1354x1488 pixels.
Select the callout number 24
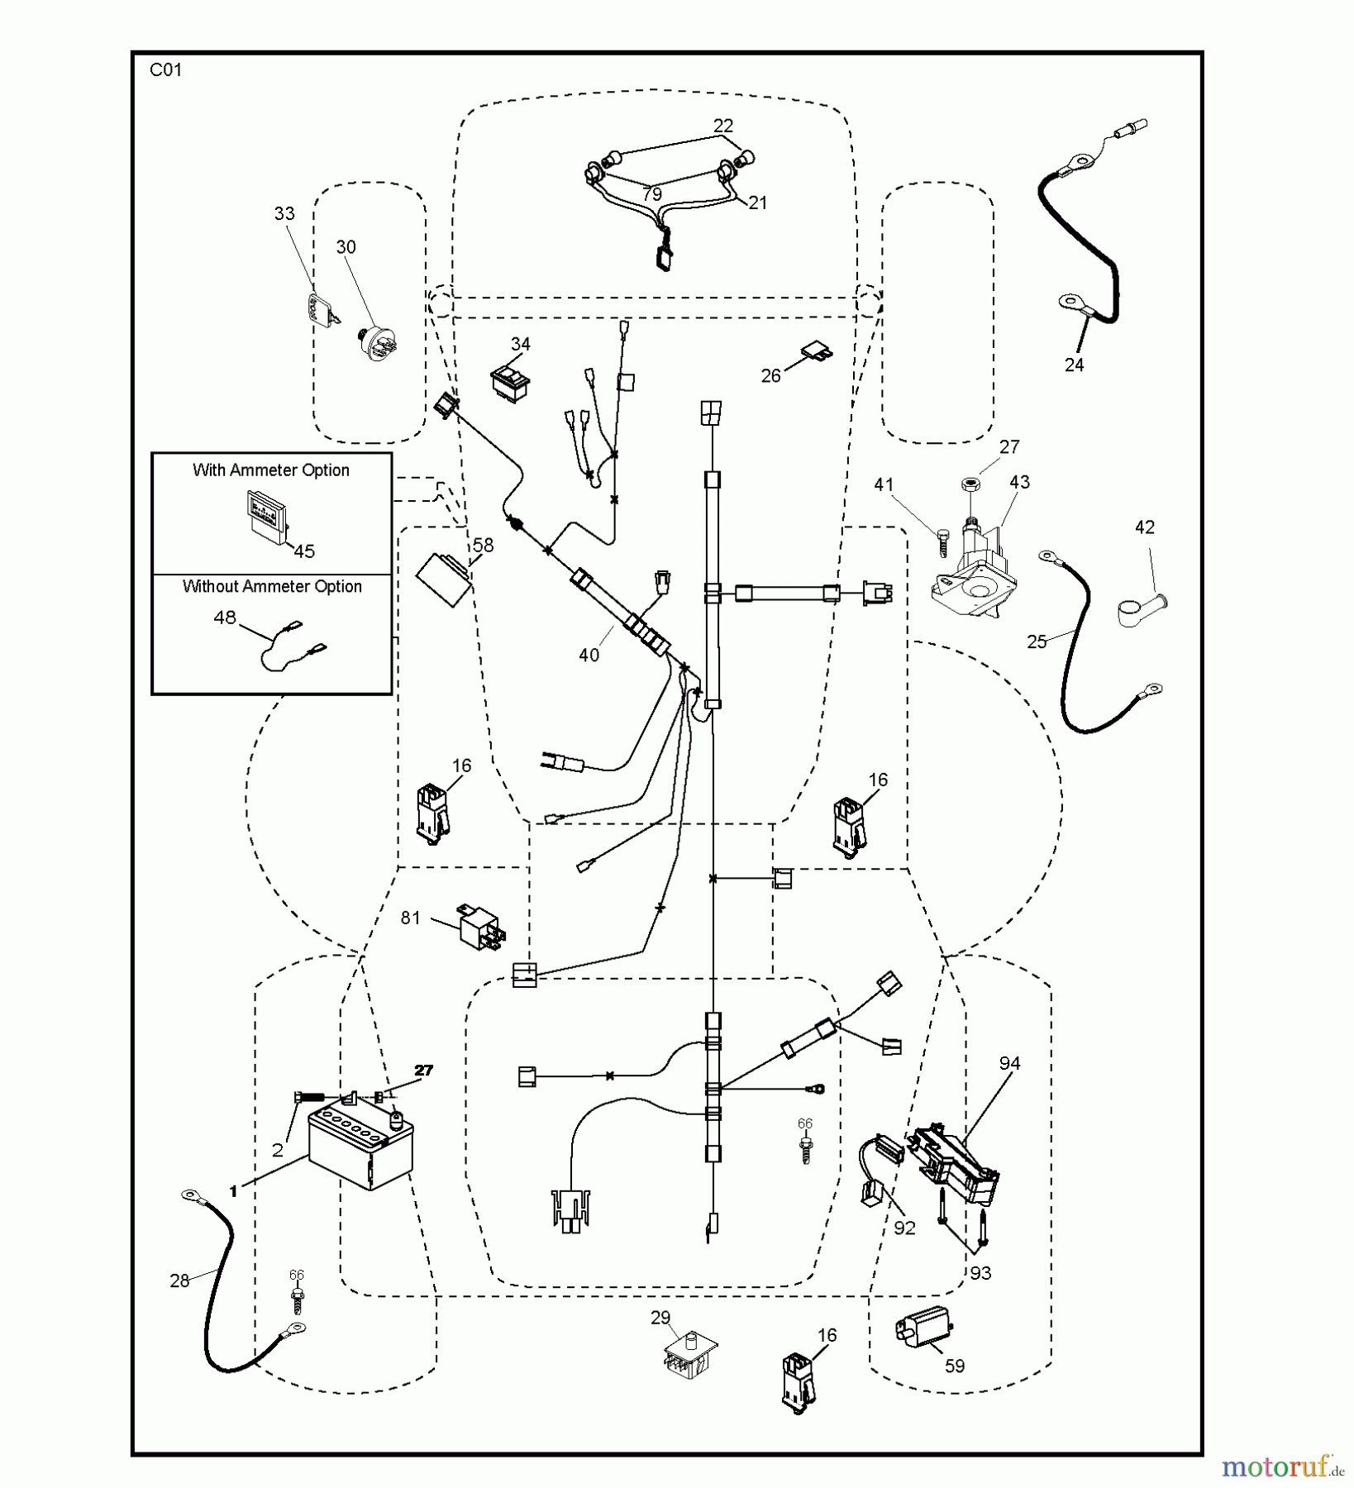[1074, 365]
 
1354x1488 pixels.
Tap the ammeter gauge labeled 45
[269, 516]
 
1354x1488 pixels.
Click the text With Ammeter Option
[271, 470]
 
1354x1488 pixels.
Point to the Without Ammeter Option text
[272, 587]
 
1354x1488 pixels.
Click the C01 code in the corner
[165, 70]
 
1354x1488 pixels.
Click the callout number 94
[1009, 1064]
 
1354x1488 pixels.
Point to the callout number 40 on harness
[589, 656]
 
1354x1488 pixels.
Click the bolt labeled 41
[943, 540]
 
